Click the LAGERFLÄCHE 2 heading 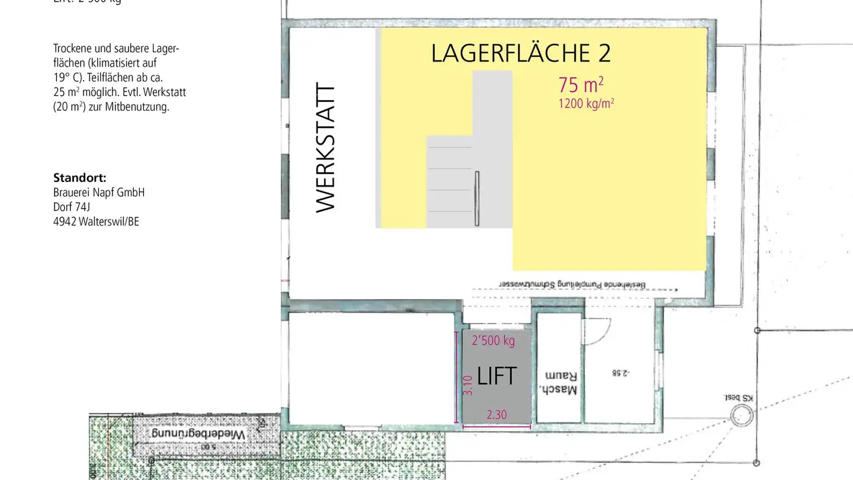[521, 53]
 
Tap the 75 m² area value [581, 85]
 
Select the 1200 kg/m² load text [586, 104]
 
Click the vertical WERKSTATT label [326, 148]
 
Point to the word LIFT [496, 376]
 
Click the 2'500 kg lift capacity [493, 341]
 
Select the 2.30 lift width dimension [496, 415]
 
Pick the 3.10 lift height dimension [467, 385]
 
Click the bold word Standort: [79, 178]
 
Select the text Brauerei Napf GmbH [99, 193]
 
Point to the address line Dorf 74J [71, 207]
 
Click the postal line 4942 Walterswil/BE [96, 222]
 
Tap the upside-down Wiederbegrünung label [197, 434]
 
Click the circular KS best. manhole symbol [740, 417]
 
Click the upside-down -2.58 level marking [620, 373]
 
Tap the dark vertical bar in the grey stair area [476, 199]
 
